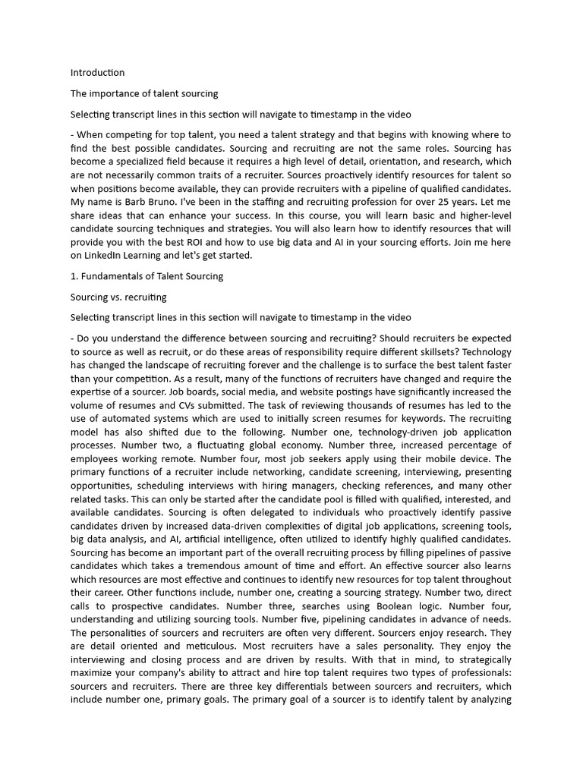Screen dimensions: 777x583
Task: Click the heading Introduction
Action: (x=97, y=73)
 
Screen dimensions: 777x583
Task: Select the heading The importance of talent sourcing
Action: (x=144, y=93)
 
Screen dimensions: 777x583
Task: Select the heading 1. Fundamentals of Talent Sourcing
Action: (x=147, y=276)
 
